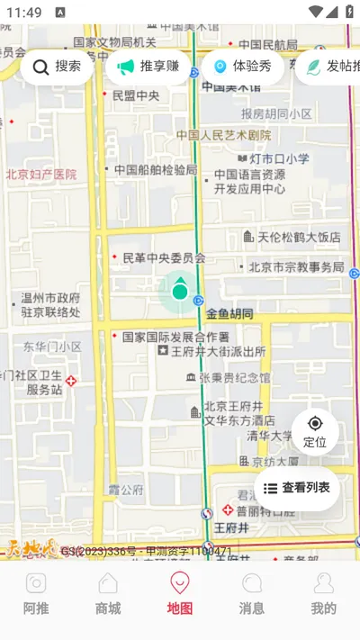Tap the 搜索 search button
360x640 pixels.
coord(57,67)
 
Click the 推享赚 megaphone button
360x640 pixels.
coord(148,67)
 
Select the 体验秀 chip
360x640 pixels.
coord(242,67)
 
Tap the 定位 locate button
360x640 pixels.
coord(315,431)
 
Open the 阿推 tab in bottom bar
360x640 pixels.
coord(36,594)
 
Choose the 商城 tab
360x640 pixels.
coord(108,594)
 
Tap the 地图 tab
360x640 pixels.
coord(180,594)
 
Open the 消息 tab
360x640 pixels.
coord(252,594)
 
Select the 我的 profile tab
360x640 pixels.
coord(323,594)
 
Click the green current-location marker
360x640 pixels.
coord(180,291)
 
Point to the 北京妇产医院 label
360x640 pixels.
coord(41,175)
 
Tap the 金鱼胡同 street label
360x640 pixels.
coord(229,314)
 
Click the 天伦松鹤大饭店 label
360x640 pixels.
coord(299,238)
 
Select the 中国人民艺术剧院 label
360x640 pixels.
coord(224,136)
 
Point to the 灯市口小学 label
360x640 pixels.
coord(279,159)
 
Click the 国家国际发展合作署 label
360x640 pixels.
coord(175,337)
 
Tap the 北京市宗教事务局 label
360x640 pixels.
coord(296,267)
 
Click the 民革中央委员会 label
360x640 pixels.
coord(164,258)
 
